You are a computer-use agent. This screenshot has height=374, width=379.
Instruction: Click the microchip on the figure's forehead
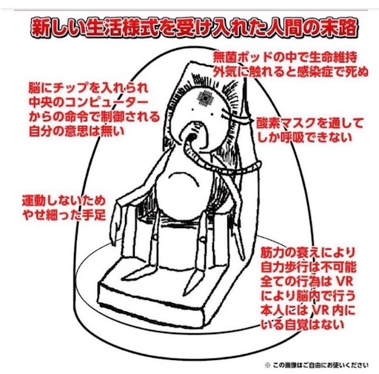pos(204,97)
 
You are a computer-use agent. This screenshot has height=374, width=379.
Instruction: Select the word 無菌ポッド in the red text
pos(243,58)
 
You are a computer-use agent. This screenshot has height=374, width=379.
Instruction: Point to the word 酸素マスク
pos(289,123)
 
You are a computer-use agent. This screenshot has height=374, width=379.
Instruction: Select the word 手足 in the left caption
pos(95,215)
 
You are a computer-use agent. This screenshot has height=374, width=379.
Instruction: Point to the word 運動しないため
pos(64,201)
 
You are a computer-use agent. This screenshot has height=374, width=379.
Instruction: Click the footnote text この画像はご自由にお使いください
pos(321,365)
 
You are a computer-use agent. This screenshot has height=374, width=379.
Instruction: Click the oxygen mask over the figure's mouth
pos(192,136)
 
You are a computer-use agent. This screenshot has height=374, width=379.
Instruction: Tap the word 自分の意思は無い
pos(77,131)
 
